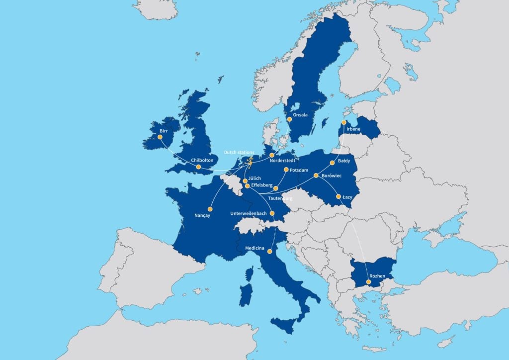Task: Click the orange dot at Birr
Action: [x=160, y=137]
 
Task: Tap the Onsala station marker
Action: [x=289, y=119]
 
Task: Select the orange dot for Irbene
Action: [x=343, y=122]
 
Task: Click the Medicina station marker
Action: [x=270, y=252]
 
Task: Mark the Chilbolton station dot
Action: [x=198, y=167]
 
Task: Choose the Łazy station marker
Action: [x=339, y=197]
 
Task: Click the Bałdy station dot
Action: [x=332, y=163]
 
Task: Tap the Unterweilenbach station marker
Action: [x=272, y=213]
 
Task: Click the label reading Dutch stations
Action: [x=239, y=152]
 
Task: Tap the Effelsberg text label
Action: [x=263, y=185]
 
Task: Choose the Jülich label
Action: [x=254, y=178]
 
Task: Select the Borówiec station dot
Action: [x=316, y=176]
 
